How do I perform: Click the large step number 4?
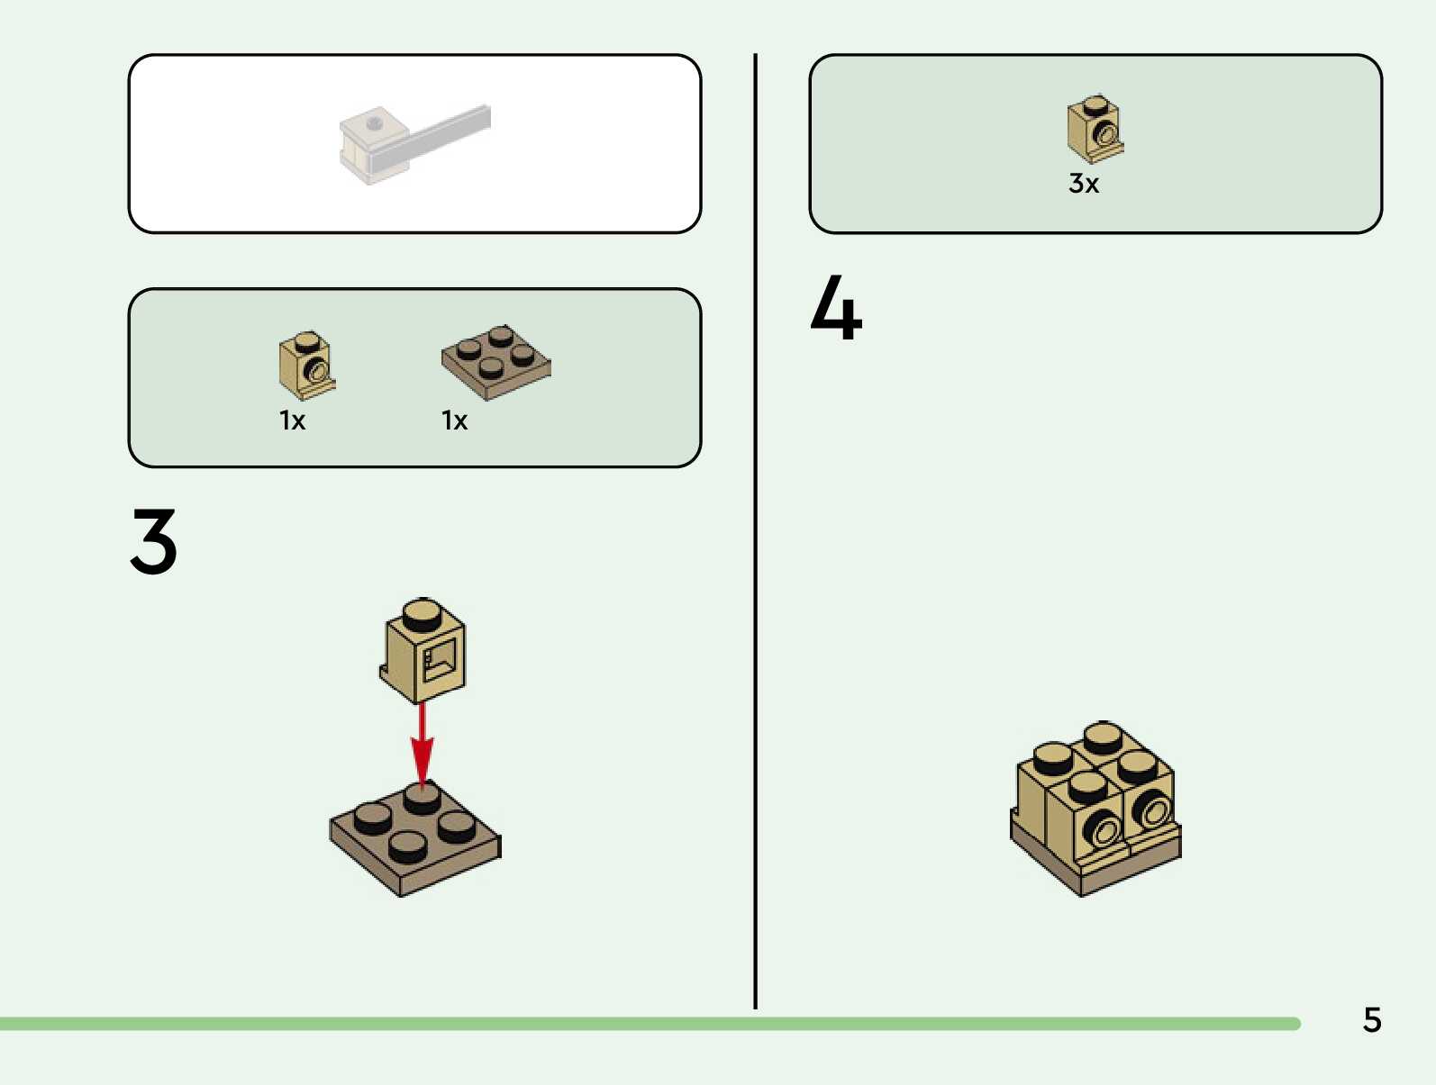[836, 308]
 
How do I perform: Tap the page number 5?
[1371, 1020]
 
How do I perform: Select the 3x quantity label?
[1084, 184]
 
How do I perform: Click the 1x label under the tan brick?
[292, 420]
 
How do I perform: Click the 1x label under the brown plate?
[454, 420]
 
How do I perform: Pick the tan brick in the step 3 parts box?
[306, 365]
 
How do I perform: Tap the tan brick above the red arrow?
[423, 653]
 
